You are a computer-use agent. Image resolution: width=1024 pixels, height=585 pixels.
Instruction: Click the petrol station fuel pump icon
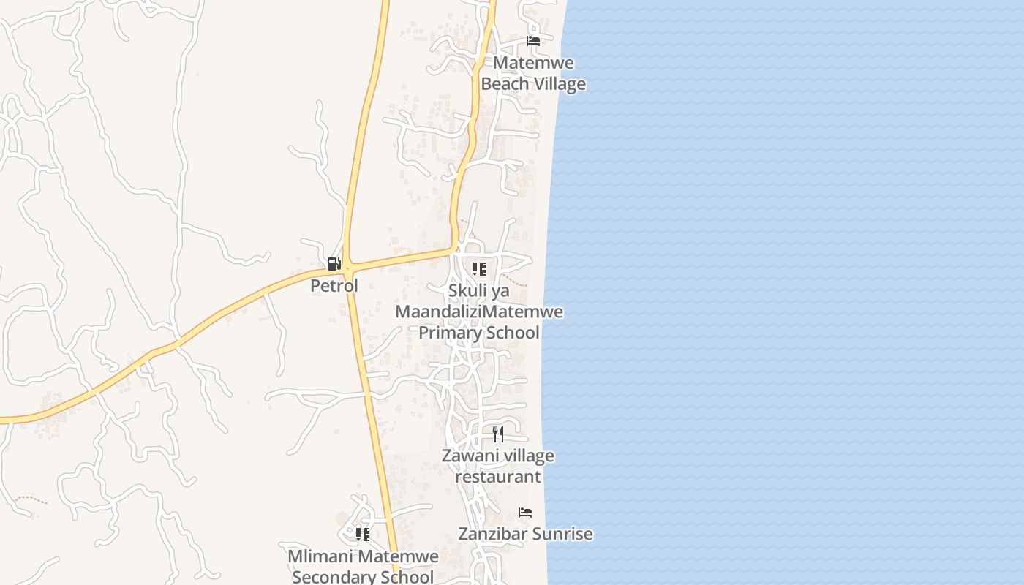point(334,264)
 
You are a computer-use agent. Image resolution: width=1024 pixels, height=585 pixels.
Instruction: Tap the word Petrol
point(334,286)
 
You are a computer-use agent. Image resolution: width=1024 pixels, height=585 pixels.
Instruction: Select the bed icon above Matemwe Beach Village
point(533,41)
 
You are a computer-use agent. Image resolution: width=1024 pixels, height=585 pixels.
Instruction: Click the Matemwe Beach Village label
point(533,73)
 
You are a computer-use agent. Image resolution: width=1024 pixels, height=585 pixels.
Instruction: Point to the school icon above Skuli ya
point(479,269)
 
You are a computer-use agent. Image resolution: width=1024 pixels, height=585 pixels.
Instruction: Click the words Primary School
point(479,333)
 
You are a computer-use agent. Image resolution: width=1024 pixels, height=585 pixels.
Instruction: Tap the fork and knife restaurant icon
point(498,434)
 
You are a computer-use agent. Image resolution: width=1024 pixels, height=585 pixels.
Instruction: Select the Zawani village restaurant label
point(498,467)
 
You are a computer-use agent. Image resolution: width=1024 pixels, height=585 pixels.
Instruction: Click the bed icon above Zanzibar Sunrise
point(525,513)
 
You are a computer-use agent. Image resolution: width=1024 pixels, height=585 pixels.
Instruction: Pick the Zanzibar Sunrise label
point(525,534)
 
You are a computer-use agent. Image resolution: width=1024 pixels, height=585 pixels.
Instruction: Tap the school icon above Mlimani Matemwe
point(363,535)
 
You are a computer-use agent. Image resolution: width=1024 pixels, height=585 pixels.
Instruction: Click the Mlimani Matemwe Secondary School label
point(363,566)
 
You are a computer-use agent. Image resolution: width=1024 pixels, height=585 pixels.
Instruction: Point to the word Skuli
point(468,291)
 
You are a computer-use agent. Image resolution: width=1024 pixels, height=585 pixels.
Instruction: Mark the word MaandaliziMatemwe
point(479,312)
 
